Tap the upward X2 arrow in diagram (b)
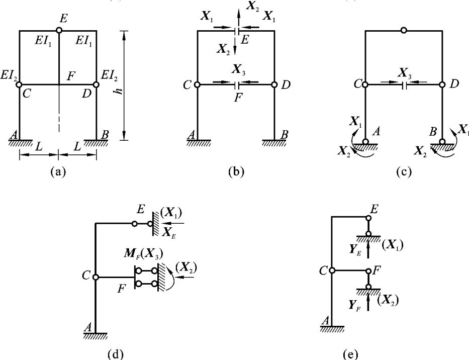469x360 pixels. [x=239, y=15]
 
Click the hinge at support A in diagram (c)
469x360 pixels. [x=365, y=142]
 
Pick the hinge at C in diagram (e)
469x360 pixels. [x=332, y=271]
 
